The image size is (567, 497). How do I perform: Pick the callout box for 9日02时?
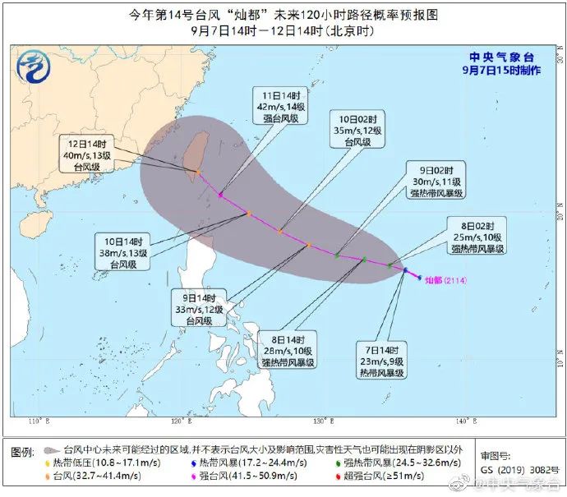tap(437, 182)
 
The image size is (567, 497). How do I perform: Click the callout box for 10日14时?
tap(124, 253)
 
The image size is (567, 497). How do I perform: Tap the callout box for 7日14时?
tap(383, 361)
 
